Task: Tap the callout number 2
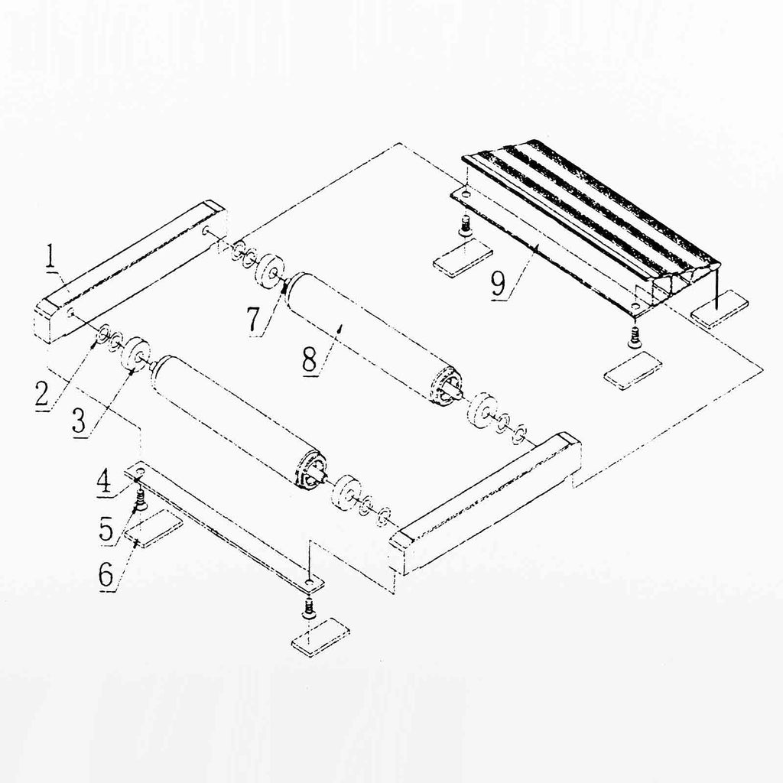(x=43, y=394)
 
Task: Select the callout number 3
(x=80, y=421)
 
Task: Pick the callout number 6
(x=106, y=576)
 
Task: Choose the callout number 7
(x=254, y=320)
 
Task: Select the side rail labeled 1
(x=131, y=272)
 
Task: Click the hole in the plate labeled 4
(x=140, y=472)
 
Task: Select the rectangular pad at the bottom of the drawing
(x=320, y=638)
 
